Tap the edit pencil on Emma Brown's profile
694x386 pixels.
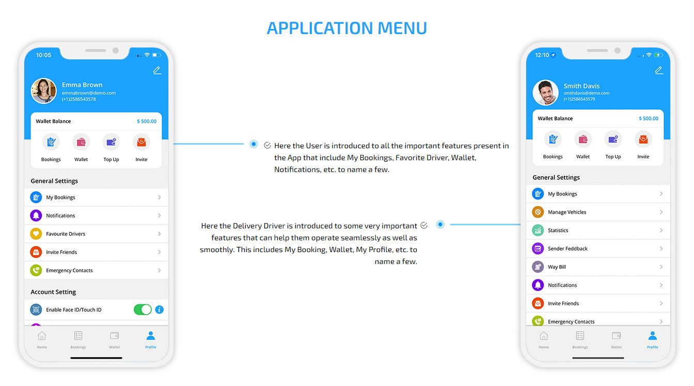(x=157, y=70)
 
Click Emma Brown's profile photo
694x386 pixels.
(x=44, y=90)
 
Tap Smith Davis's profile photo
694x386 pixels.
(x=545, y=92)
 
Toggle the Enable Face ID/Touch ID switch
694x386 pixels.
(x=143, y=310)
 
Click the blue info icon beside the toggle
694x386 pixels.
(x=159, y=310)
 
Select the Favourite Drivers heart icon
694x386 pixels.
(x=36, y=234)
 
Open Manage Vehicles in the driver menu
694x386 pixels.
(x=566, y=212)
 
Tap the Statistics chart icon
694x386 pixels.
(x=538, y=230)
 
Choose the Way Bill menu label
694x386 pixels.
(x=557, y=267)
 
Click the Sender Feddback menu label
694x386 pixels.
(x=567, y=249)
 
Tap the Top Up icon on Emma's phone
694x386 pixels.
(x=111, y=142)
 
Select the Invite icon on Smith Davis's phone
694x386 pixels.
(x=643, y=140)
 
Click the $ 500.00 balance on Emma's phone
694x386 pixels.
(x=147, y=121)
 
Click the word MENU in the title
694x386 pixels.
(x=402, y=28)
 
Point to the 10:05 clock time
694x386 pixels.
(x=44, y=55)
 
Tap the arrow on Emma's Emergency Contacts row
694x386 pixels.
(x=159, y=270)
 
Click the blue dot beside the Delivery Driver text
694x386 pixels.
(x=440, y=224)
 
